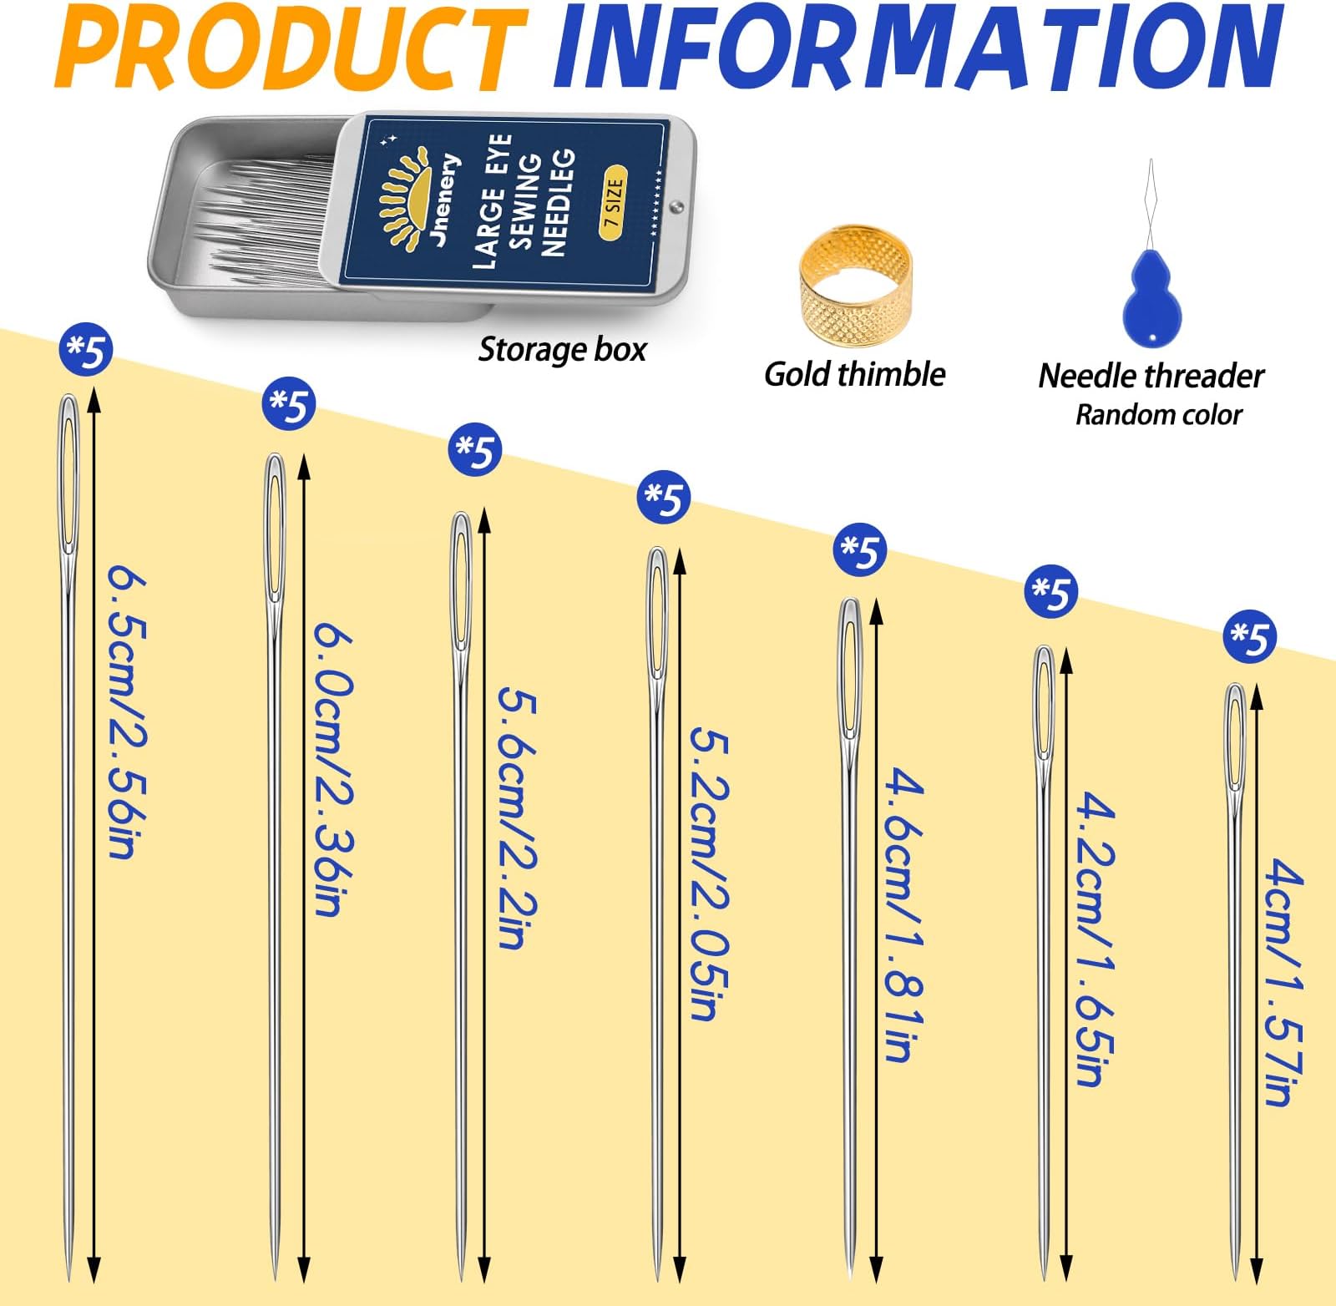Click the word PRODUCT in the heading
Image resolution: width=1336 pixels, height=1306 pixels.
(x=291, y=48)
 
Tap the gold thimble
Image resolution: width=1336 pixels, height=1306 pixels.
(x=855, y=282)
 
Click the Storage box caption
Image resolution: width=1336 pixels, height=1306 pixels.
(x=562, y=349)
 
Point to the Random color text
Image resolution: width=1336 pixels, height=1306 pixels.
(x=1158, y=414)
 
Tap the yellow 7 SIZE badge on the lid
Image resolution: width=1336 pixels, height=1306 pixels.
(x=613, y=203)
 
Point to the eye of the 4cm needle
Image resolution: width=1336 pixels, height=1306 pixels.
(x=1235, y=735)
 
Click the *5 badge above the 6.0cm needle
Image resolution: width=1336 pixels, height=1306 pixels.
(x=289, y=405)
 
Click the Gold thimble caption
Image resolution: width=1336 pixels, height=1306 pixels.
(x=854, y=373)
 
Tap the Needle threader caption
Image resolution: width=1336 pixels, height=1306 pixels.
(x=1151, y=376)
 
